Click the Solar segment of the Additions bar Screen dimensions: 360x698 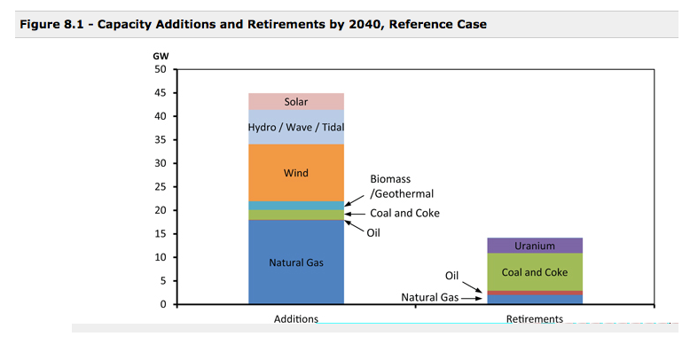296,101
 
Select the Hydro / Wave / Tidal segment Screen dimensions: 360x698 296,127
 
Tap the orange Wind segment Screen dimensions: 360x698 296,173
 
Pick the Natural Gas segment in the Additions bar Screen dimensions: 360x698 296,262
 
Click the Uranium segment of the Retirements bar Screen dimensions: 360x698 534,246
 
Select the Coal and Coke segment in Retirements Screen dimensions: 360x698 534,271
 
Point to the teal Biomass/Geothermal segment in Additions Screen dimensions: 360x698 296,206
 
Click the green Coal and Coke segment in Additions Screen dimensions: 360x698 296,215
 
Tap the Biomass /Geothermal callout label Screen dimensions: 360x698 402,186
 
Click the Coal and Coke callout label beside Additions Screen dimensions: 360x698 404,213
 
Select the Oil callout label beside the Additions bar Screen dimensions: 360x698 373,232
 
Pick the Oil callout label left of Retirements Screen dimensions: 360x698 451,275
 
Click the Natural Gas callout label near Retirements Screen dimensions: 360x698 430,297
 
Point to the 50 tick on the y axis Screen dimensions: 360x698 160,69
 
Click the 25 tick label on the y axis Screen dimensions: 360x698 160,187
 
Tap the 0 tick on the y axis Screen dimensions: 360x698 162,304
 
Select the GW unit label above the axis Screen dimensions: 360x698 161,56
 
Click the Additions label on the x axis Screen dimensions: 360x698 296,318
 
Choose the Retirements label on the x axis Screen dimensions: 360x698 534,318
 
